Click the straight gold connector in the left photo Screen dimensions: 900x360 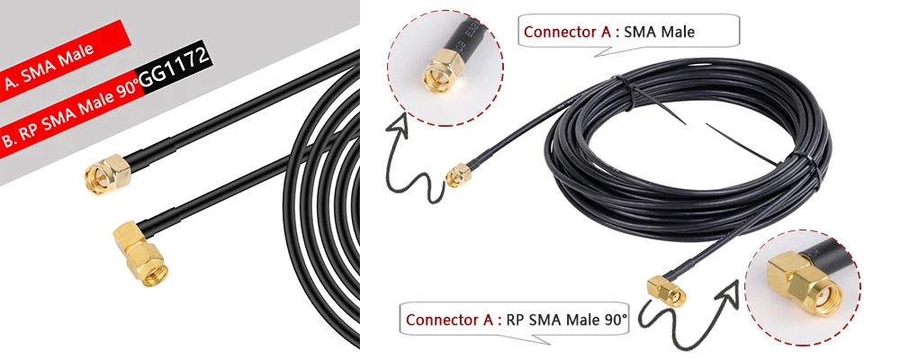click(107, 174)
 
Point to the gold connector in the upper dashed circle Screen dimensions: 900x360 click(443, 70)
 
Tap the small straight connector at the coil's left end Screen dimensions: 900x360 click(458, 175)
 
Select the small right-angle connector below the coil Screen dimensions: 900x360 click(666, 291)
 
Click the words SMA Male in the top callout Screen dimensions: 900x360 click(659, 31)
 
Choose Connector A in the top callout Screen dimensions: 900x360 click(568, 31)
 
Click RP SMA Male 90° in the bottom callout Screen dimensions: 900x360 click(567, 319)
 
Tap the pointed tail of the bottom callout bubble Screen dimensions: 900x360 click(529, 339)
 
